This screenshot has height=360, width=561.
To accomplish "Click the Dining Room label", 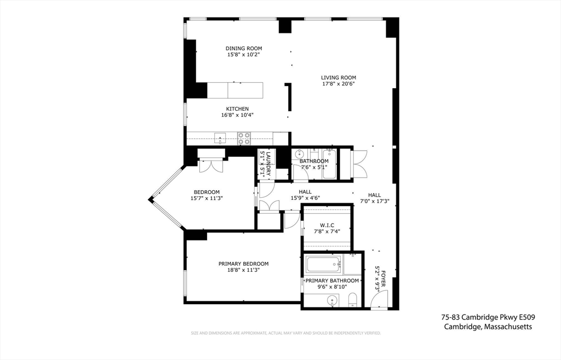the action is (x=244, y=48).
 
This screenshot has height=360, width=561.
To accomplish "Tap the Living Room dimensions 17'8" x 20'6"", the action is (x=338, y=84).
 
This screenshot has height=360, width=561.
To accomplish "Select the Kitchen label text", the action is (x=237, y=109).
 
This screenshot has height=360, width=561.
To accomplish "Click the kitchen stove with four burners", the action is (x=244, y=139).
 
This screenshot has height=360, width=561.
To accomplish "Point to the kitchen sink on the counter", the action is (x=220, y=138).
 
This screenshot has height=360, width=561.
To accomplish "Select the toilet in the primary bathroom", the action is (x=353, y=300).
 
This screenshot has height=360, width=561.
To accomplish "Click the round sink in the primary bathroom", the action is (x=333, y=301).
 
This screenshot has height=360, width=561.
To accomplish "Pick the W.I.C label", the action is (x=327, y=225).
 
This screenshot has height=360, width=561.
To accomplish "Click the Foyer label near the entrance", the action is (x=383, y=278).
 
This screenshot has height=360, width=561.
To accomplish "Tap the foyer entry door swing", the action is (x=379, y=299).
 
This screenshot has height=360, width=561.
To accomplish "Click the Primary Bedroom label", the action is (x=244, y=264).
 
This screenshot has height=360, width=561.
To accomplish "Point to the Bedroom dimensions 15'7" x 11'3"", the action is (x=207, y=198).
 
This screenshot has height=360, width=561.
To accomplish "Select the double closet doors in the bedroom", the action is (x=211, y=166).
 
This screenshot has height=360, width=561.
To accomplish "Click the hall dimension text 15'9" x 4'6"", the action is (x=305, y=198).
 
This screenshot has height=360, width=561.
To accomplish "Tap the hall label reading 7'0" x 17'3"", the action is (x=375, y=201).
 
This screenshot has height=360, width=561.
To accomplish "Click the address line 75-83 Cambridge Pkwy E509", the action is (x=488, y=317).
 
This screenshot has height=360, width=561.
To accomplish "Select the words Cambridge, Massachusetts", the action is (x=488, y=327).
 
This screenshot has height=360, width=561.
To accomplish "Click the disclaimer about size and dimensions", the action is (x=286, y=333).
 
